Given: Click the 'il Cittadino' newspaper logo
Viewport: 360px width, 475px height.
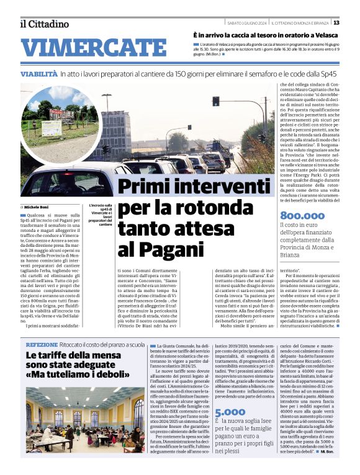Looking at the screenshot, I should tap(44, 24).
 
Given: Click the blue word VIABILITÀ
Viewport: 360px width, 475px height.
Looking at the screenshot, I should tap(39, 74).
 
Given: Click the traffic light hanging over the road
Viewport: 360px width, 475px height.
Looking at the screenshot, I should tap(215, 101).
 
